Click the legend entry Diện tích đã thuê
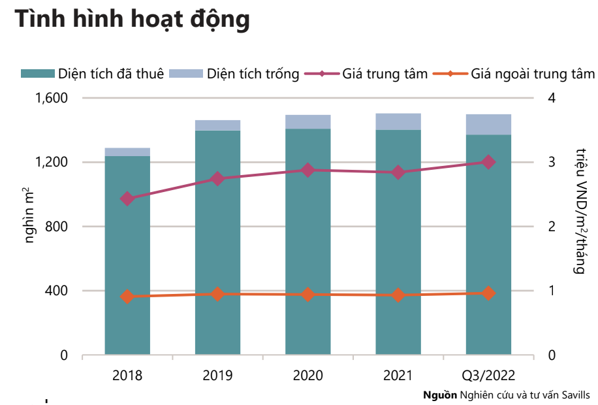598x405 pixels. click(92, 73)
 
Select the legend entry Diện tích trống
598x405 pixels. click(235, 73)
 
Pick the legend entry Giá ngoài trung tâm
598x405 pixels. click(516, 73)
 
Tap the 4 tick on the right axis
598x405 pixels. click(552, 98)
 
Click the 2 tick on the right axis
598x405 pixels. click(552, 227)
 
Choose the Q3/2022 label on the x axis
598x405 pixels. click(488, 376)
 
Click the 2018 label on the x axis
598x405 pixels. click(127, 376)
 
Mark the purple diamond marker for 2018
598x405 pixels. click(127, 199)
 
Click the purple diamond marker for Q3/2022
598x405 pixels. click(488, 162)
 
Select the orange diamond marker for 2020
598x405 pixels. click(308, 295)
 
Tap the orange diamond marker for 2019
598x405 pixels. click(218, 294)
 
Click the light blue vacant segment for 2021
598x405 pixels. click(398, 121)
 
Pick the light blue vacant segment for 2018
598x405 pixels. click(127, 152)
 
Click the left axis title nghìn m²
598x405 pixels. click(30, 216)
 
